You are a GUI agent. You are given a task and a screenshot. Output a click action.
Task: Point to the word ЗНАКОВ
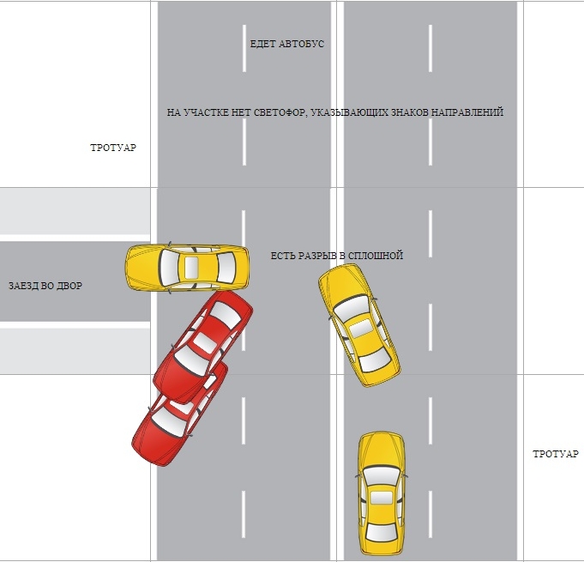[407, 112]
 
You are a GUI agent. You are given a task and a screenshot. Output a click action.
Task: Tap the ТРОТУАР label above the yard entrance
[113, 148]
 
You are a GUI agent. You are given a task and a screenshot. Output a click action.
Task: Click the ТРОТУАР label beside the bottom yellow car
[556, 453]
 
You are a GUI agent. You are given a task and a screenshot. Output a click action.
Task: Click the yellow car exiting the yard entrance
[187, 266]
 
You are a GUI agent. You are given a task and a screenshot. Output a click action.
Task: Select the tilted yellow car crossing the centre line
[358, 322]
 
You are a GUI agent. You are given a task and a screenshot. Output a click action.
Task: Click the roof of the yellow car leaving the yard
[193, 266]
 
